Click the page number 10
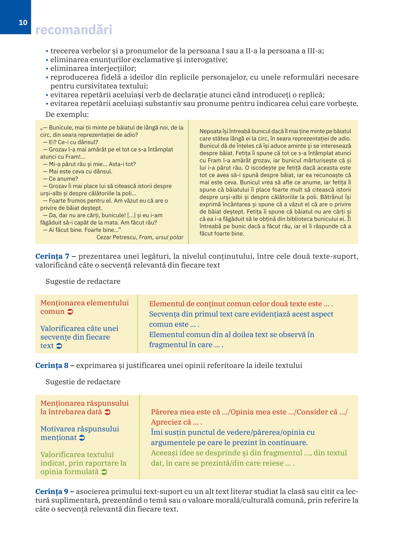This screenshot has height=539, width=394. [x=23, y=23]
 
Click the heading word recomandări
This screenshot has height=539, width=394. [x=74, y=29]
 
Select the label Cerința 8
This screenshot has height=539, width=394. [x=52, y=365]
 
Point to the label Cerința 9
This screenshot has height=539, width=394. [x=52, y=491]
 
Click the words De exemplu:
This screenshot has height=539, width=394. [x=67, y=114]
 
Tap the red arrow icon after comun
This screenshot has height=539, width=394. [x=70, y=312]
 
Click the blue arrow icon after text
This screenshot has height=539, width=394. [x=59, y=346]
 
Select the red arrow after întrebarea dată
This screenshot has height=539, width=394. [x=107, y=412]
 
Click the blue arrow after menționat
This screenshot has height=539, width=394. [x=82, y=438]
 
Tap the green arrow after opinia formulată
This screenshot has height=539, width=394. [x=104, y=472]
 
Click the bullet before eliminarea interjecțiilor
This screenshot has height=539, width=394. [x=47, y=69]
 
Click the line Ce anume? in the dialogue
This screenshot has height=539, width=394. [x=63, y=179]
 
